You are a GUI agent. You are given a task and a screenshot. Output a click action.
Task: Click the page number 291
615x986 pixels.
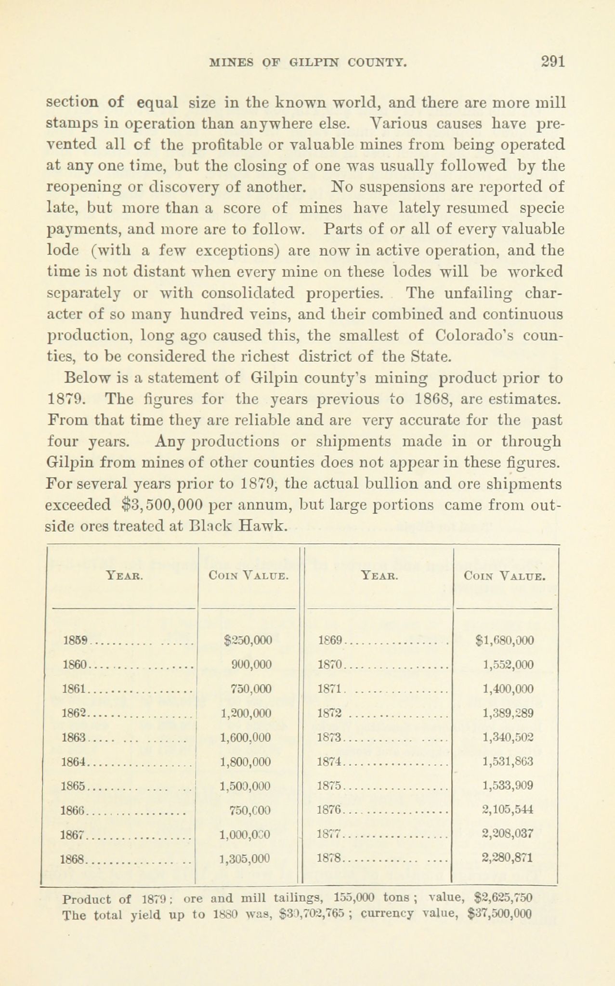click(x=552, y=62)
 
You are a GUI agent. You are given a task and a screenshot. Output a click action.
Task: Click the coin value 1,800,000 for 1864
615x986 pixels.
click(x=245, y=762)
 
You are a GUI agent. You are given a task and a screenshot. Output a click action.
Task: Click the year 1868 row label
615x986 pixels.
click(x=74, y=858)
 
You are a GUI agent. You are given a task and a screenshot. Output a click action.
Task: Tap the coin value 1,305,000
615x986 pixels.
click(x=244, y=858)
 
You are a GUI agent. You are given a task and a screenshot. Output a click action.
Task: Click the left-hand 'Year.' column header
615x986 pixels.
click(x=123, y=575)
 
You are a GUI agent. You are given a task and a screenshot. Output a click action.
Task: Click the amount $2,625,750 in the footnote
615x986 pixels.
click(x=503, y=898)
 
